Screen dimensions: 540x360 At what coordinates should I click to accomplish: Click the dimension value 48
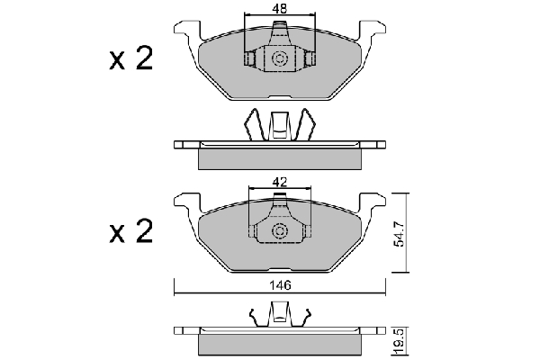click(279, 9)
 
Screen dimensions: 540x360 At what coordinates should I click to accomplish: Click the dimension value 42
click(279, 182)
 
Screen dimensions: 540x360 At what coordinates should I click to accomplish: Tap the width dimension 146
click(280, 285)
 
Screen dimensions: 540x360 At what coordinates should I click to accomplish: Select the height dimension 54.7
click(400, 234)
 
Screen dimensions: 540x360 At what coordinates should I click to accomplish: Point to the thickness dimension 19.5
click(400, 342)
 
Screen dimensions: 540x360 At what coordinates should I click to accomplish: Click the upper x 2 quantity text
click(130, 59)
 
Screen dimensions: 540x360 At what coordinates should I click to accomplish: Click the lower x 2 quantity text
click(130, 231)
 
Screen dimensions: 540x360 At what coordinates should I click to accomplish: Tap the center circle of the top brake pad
click(279, 58)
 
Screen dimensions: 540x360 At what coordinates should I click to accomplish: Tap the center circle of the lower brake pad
click(279, 230)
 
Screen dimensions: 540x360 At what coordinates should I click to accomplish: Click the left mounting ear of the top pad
click(187, 31)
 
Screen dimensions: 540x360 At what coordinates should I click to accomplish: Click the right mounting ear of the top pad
click(373, 31)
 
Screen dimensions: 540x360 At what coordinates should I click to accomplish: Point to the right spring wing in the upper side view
click(304, 124)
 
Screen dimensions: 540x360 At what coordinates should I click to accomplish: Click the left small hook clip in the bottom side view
click(256, 318)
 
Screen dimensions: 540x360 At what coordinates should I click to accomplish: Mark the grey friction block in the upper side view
click(280, 158)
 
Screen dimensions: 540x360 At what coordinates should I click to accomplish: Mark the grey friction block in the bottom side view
click(280, 345)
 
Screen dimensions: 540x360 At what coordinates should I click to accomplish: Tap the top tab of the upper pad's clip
click(279, 24)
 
